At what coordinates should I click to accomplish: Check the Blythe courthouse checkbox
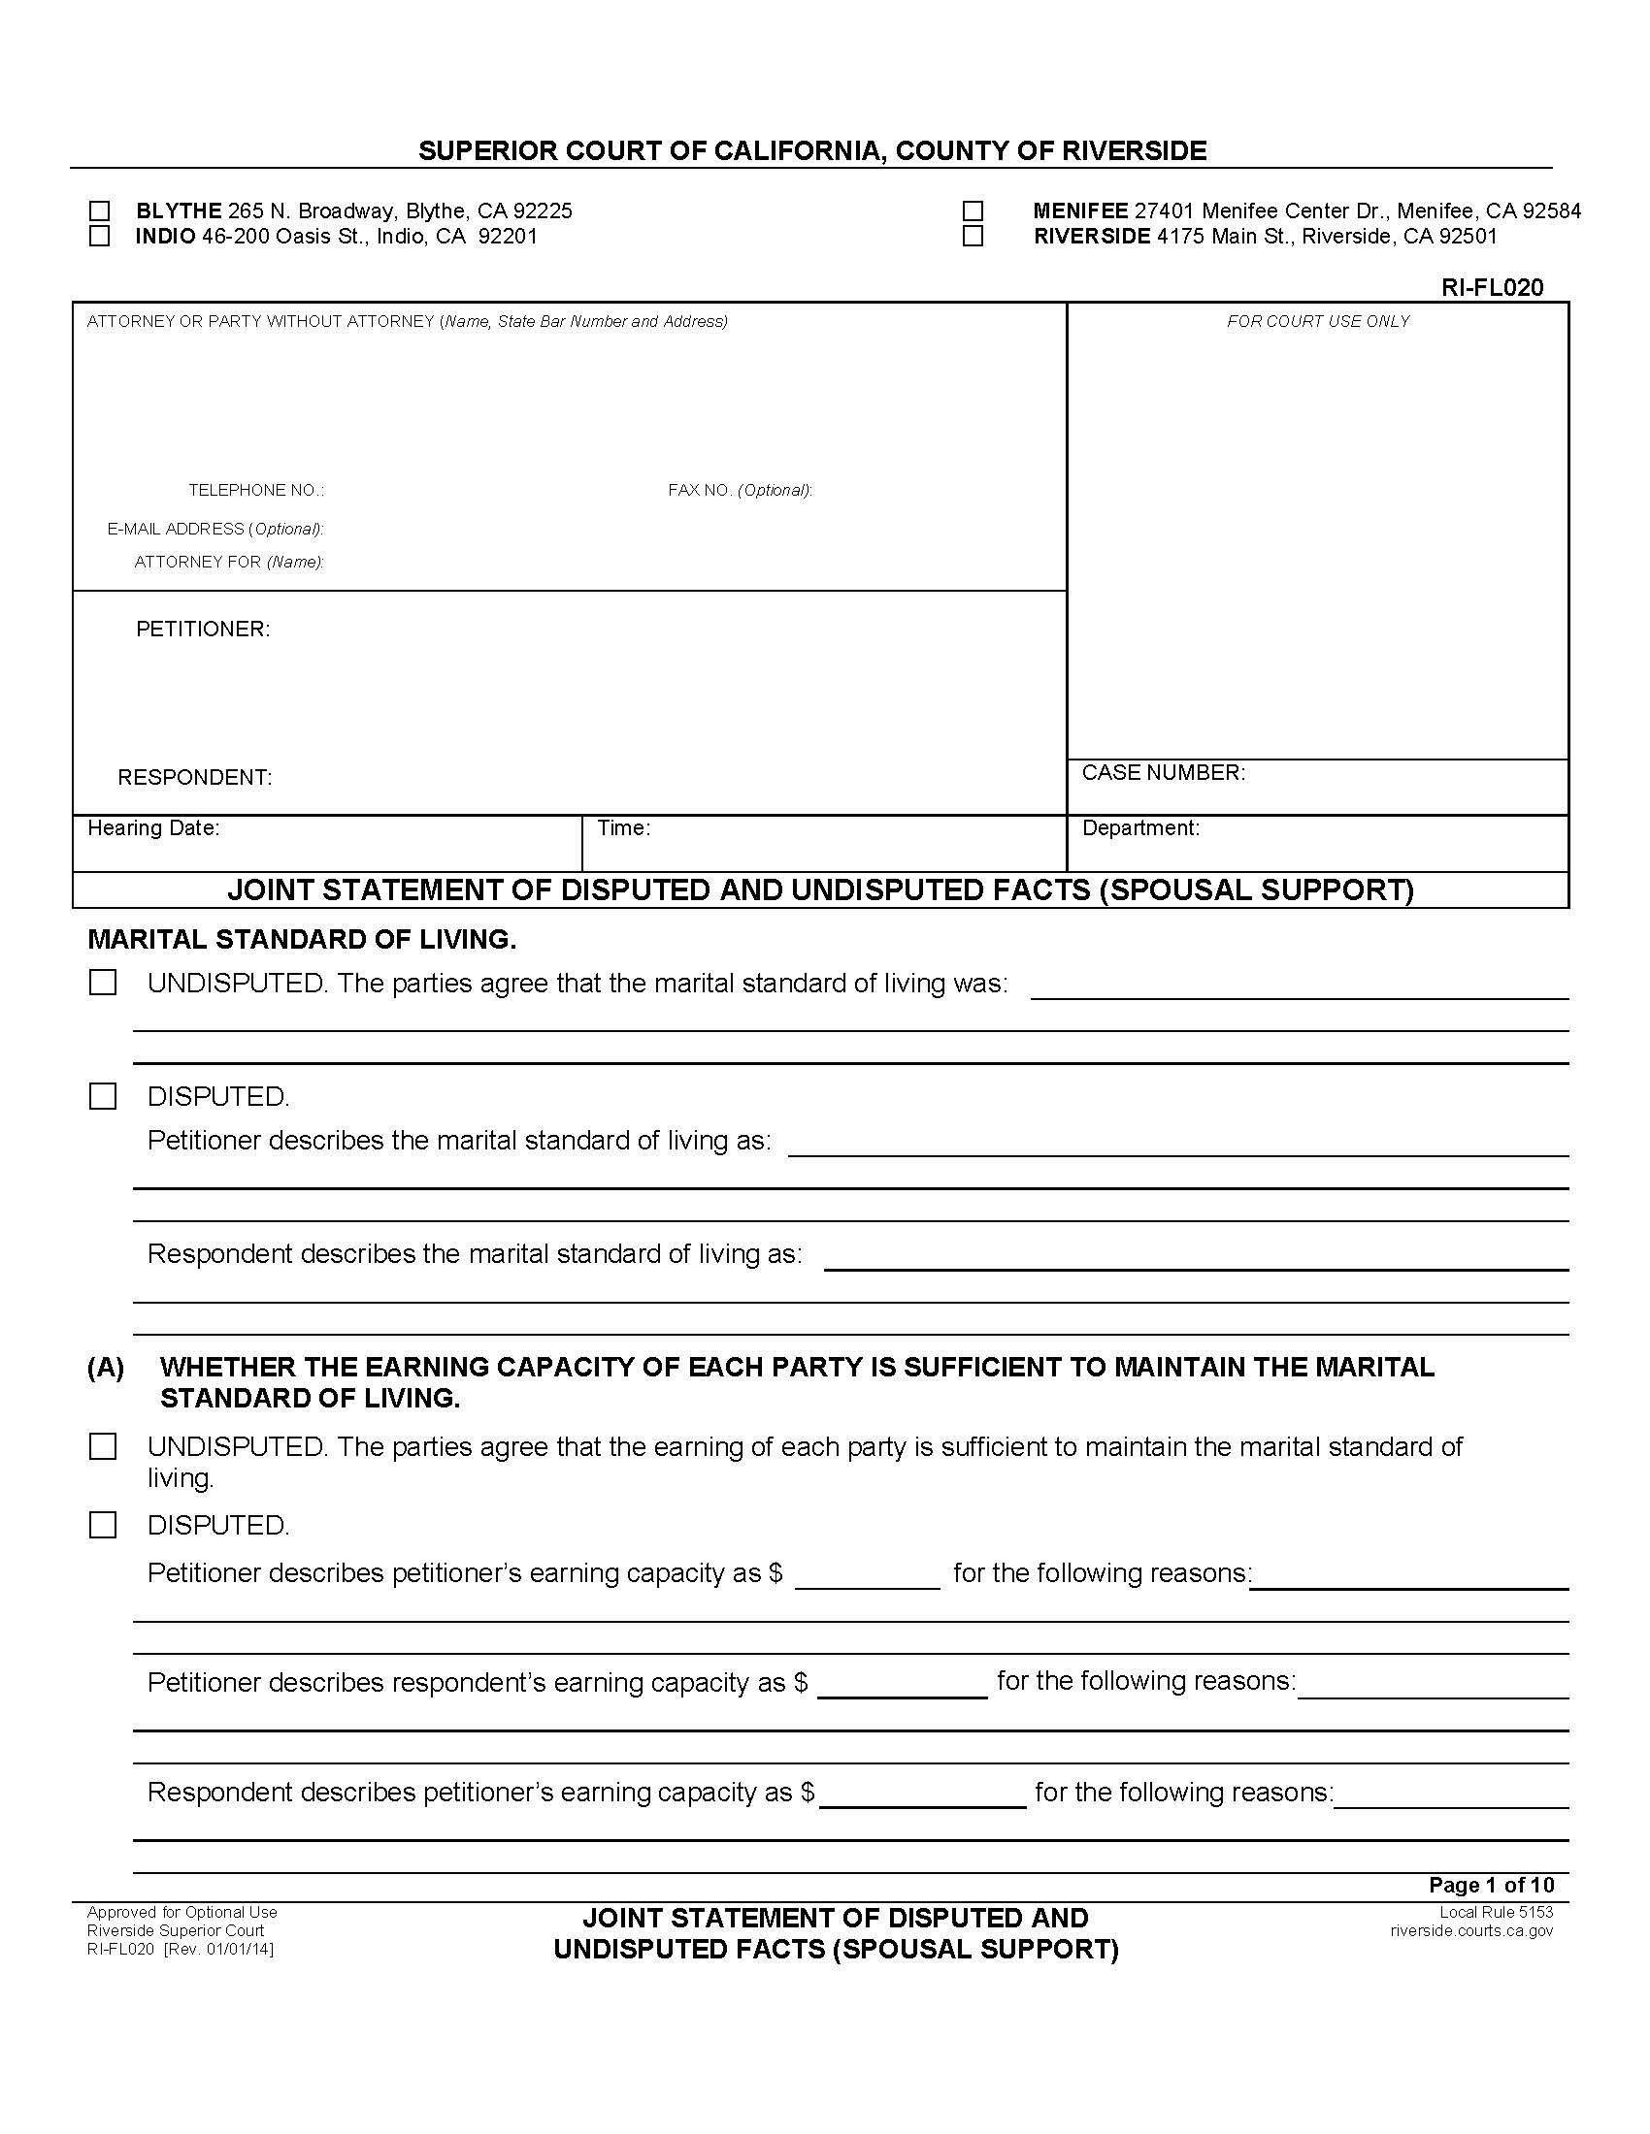click(x=99, y=211)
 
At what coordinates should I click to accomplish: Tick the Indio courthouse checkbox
click(x=99, y=237)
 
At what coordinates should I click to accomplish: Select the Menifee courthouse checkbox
click(x=973, y=211)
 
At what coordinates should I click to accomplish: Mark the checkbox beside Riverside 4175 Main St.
click(x=973, y=237)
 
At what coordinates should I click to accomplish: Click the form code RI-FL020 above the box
click(x=1492, y=287)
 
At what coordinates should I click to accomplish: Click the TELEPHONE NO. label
click(x=256, y=491)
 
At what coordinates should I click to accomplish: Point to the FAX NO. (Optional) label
click(x=740, y=491)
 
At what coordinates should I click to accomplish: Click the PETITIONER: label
click(x=202, y=630)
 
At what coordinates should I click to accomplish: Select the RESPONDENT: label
click(x=194, y=778)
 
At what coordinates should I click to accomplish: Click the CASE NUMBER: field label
click(x=1163, y=773)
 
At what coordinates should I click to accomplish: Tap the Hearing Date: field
click(x=153, y=828)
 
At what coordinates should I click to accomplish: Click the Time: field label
click(x=624, y=828)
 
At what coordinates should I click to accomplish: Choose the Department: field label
click(x=1140, y=828)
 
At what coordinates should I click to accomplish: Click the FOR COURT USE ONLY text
click(x=1318, y=321)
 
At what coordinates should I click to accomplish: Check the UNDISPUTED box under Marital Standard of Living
click(x=103, y=983)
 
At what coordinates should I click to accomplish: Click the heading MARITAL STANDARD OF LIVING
click(x=302, y=940)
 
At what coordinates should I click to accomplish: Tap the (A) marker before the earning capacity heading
click(x=106, y=1368)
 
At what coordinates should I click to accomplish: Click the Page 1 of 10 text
click(x=1491, y=1885)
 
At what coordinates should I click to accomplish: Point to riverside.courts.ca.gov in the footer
click(x=1471, y=1930)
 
